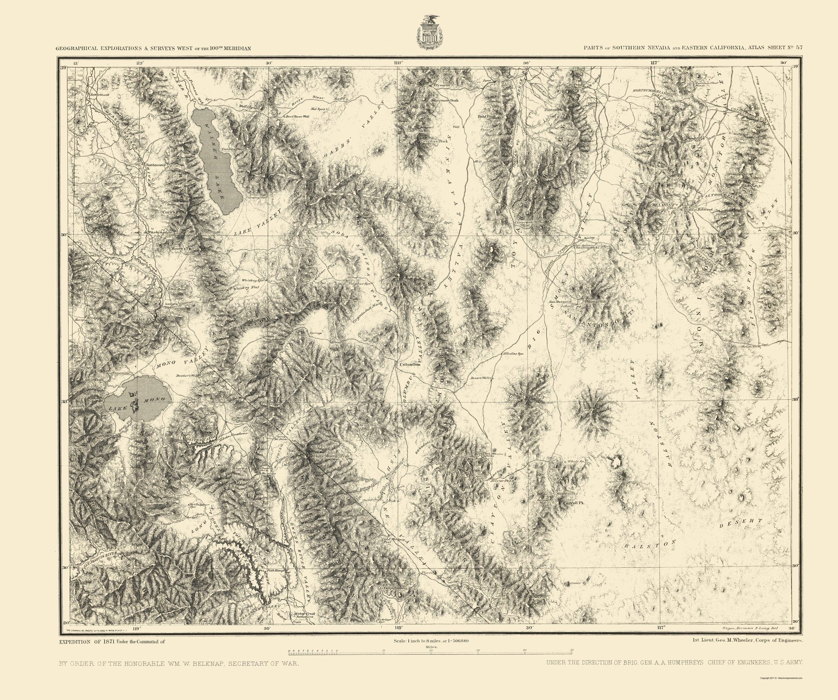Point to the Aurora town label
171,304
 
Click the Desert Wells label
482,378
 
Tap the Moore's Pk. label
182,248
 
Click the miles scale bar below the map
431,651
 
